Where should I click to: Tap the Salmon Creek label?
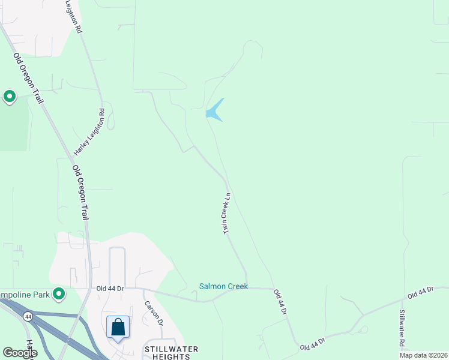point(223,287)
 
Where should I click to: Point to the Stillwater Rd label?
point(402,328)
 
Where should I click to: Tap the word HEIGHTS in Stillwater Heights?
point(171,356)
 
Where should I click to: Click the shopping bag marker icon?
point(118,328)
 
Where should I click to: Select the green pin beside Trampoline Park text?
point(59,293)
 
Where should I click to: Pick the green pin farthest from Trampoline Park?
point(9,96)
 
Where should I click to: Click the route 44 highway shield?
point(28,316)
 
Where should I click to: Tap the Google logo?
point(19,353)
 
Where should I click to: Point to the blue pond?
point(214,111)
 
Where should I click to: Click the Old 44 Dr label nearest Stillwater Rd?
point(420,293)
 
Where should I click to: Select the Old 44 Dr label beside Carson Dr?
point(110,289)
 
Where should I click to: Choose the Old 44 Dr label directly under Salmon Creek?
point(280,302)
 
